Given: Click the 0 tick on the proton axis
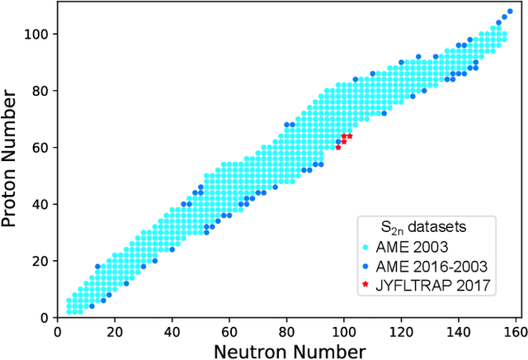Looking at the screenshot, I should [x=43, y=318].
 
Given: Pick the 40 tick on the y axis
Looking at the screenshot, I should [x=39, y=204].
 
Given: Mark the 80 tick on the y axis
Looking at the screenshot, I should [x=39, y=91].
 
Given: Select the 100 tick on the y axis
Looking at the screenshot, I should [x=35, y=34].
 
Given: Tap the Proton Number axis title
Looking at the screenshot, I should [x=12, y=161].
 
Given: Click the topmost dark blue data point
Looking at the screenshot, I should [x=509, y=11].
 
